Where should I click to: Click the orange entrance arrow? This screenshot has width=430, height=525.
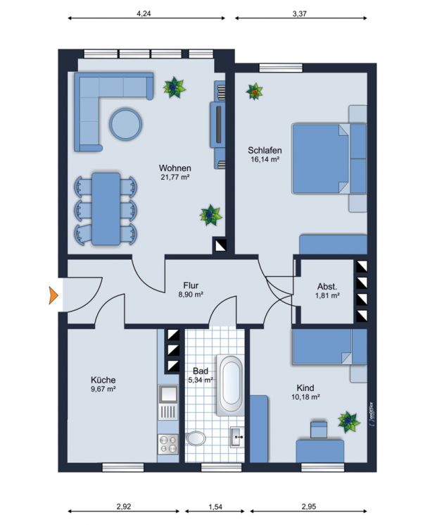(53, 295)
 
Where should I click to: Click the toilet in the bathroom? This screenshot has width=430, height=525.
(195, 439)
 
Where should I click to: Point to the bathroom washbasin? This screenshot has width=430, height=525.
(237, 438)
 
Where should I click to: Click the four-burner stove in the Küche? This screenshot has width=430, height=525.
(170, 443)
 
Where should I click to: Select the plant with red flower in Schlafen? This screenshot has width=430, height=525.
(254, 91)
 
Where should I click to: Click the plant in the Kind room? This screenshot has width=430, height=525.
(348, 421)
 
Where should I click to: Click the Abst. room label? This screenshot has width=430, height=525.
(327, 287)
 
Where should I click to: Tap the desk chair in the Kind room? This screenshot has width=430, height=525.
(319, 428)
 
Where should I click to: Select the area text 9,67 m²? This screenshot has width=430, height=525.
(103, 388)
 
